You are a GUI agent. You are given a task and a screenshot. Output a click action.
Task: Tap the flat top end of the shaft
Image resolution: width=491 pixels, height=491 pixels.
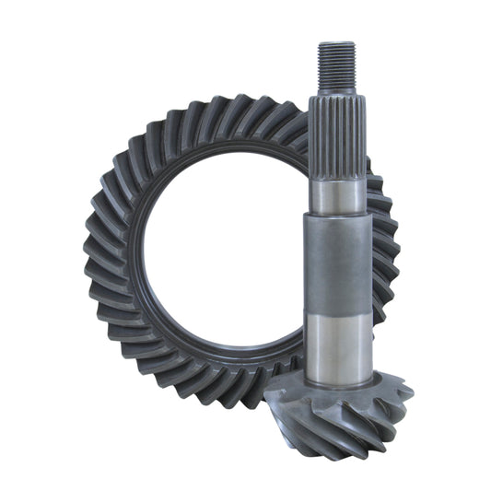(337, 43)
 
